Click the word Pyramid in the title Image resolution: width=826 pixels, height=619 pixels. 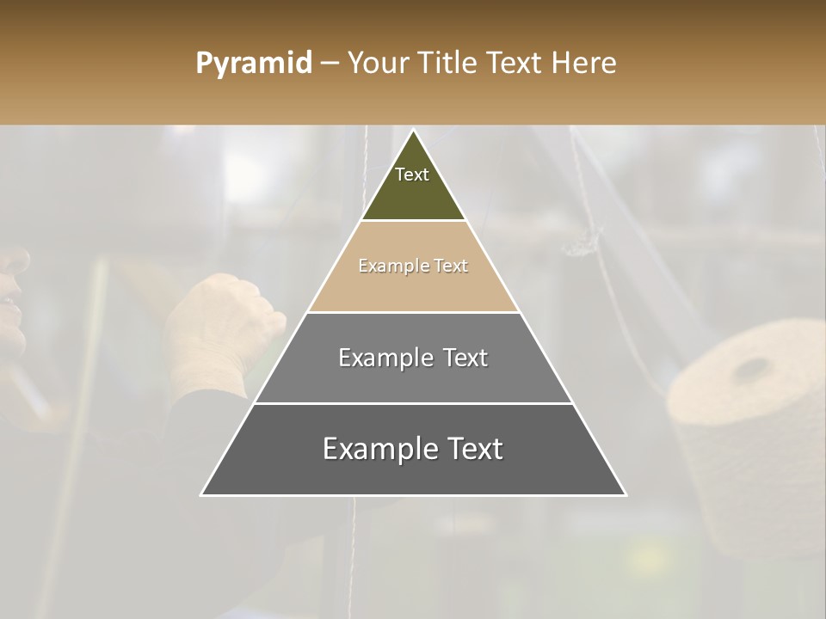pyautogui.click(x=254, y=64)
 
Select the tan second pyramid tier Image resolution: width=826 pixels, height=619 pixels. pyautogui.click(x=413, y=288)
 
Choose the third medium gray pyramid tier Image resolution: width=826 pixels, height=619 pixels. pyautogui.click(x=413, y=378)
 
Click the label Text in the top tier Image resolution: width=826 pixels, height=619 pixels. pyautogui.click(x=412, y=175)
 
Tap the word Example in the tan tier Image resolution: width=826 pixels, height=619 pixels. pyautogui.click(x=385, y=267)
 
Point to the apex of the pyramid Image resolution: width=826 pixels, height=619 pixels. pyautogui.click(x=414, y=131)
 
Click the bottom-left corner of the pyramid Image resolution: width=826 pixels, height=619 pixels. pyautogui.click(x=202, y=494)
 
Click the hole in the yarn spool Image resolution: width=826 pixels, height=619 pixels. pyautogui.click(x=751, y=370)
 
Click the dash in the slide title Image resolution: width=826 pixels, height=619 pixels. pyautogui.click(x=330, y=64)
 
